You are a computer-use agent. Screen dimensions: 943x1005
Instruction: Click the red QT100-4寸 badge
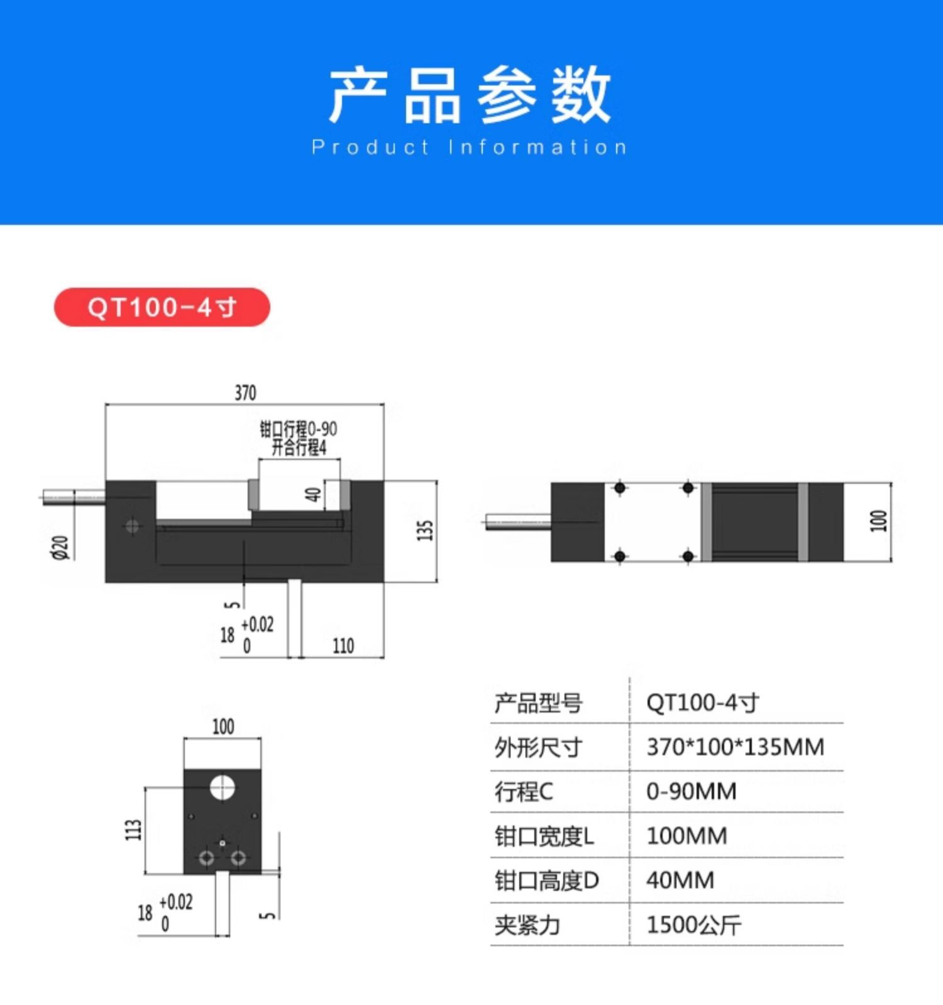(162, 307)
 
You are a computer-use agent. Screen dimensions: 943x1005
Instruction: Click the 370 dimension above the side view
(245, 393)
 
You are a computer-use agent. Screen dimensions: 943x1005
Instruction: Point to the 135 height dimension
(426, 530)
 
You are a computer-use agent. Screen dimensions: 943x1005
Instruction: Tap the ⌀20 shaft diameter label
(60, 547)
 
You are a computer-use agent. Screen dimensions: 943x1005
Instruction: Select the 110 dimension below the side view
(343, 646)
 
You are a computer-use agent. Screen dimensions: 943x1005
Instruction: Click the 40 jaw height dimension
(314, 495)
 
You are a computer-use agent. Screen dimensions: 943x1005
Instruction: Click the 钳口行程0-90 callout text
(299, 429)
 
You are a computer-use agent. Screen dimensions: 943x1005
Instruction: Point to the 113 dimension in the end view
(133, 830)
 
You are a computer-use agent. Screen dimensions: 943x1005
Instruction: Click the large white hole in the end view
(222, 787)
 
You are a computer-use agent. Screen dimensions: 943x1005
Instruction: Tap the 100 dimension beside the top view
(878, 521)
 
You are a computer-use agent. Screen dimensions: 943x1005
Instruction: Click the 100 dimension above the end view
(223, 727)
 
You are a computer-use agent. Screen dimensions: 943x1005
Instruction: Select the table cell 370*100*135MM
(735, 747)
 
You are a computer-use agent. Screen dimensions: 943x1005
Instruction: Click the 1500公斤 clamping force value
(694, 925)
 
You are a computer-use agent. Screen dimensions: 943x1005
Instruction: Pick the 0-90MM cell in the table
(692, 791)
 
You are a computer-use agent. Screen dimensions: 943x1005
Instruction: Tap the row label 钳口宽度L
(544, 837)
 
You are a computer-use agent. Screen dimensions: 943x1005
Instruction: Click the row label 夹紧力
(527, 925)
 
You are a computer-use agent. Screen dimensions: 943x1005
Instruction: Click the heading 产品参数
(470, 96)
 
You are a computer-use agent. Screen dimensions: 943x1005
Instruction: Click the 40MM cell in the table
(680, 881)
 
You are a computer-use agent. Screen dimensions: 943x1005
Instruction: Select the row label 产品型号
(538, 703)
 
